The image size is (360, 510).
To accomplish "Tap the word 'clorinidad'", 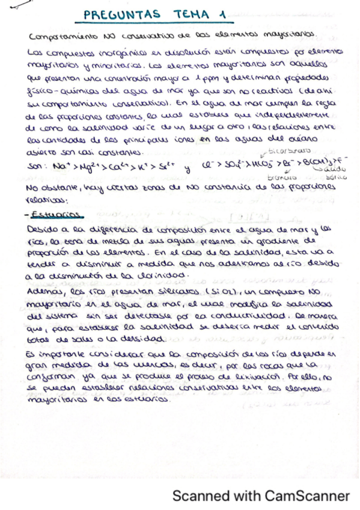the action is pos(164,275).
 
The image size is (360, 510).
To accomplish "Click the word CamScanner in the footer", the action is pos(302,496).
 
